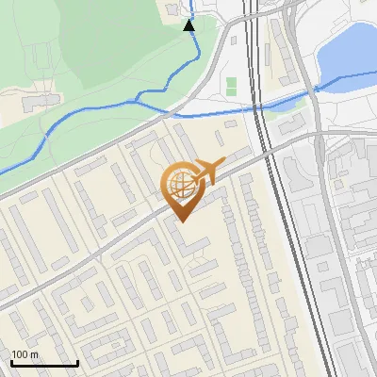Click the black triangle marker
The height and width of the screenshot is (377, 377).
click(x=189, y=25)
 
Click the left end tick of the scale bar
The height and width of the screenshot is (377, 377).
click(x=11, y=361)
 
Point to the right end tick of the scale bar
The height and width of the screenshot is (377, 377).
click(x=77, y=361)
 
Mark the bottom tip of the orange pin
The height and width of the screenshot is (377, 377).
click(x=181, y=221)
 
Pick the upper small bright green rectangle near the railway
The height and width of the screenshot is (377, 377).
click(x=232, y=83)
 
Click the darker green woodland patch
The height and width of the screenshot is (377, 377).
click(x=113, y=38)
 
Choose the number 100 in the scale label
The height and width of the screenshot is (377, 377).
click(x=21, y=354)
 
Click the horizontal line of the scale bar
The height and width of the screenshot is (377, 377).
click(x=44, y=364)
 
